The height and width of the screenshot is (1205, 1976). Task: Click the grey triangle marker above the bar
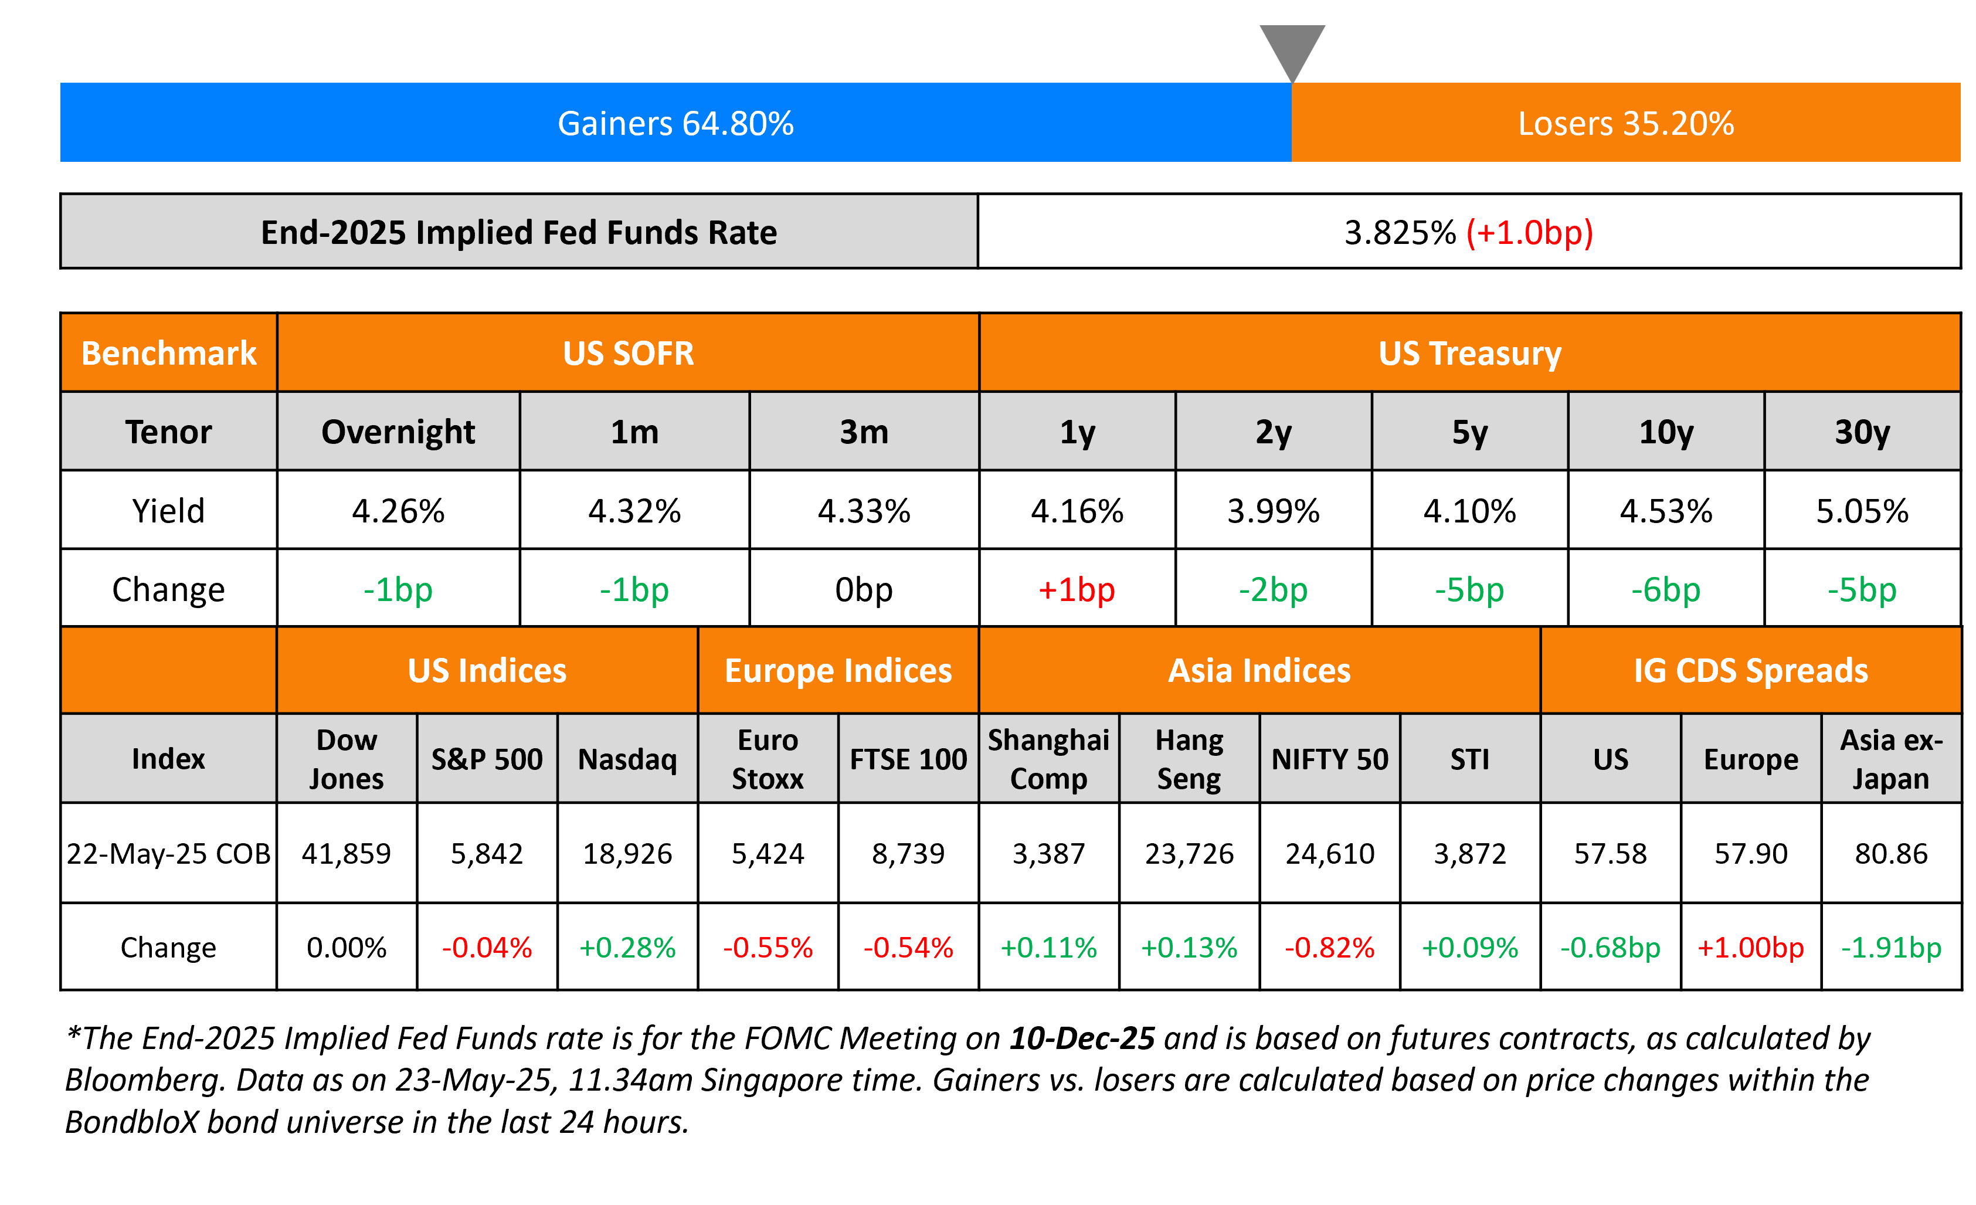1292,48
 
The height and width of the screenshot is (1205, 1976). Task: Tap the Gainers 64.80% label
675,124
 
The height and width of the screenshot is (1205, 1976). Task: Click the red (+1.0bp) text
1529,233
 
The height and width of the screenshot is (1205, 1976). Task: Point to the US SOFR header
628,353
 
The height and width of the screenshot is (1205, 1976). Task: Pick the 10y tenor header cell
1666,432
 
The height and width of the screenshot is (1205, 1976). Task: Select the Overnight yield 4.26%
398,511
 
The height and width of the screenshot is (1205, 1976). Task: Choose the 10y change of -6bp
1666,590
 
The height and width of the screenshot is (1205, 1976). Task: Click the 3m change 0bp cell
864,590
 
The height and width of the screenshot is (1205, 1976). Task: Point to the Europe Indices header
838,670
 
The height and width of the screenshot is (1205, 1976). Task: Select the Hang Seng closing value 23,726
1189,854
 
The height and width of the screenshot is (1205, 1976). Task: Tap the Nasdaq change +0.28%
627,948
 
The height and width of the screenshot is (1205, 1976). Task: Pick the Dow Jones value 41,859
347,854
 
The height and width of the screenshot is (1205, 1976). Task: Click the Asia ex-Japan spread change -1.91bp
1891,948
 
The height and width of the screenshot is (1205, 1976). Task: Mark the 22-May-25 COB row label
168,854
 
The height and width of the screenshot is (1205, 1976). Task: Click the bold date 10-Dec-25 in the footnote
1082,1038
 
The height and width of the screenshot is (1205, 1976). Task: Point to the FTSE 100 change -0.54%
908,948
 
